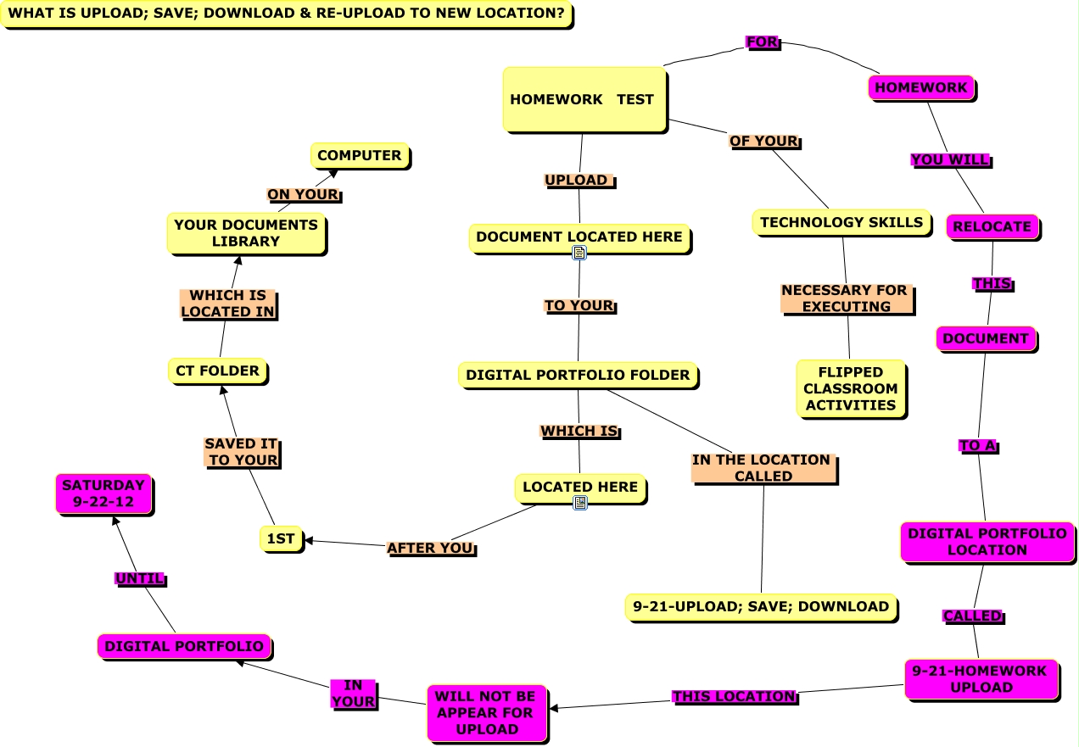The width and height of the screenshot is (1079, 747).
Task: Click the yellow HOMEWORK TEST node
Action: coord(584,99)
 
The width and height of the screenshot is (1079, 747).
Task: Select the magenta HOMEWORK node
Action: coord(920,87)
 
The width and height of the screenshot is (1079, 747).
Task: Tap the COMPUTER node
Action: coord(360,155)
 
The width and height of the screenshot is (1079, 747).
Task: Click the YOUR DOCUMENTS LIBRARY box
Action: coord(246,233)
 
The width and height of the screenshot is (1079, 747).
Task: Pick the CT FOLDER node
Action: coord(218,371)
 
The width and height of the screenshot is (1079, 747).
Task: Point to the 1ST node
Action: coord(281,538)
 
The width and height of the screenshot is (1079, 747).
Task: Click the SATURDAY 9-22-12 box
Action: coord(103,493)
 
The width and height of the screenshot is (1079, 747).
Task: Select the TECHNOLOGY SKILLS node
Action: coord(841,222)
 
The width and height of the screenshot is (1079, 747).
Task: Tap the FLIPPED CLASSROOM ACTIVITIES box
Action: coord(850,388)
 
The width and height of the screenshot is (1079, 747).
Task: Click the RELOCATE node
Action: coord(992,226)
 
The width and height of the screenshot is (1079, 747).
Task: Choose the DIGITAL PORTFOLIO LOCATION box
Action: coord(987,541)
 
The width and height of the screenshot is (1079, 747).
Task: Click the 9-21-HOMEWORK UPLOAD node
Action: coord(981,679)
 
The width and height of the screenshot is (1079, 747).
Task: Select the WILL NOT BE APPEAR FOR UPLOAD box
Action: coord(486,712)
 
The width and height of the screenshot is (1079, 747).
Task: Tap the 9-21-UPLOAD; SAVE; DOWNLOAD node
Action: coord(760,606)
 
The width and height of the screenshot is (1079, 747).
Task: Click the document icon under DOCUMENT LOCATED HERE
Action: coord(579,253)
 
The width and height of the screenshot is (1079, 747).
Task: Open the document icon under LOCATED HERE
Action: coord(580,503)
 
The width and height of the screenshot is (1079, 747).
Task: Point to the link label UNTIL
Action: coord(140,579)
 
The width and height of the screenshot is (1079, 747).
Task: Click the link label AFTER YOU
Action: coord(431,549)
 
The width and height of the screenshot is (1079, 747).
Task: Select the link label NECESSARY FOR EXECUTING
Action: coord(845,298)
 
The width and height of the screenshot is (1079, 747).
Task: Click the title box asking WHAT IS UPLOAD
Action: coord(286,14)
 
